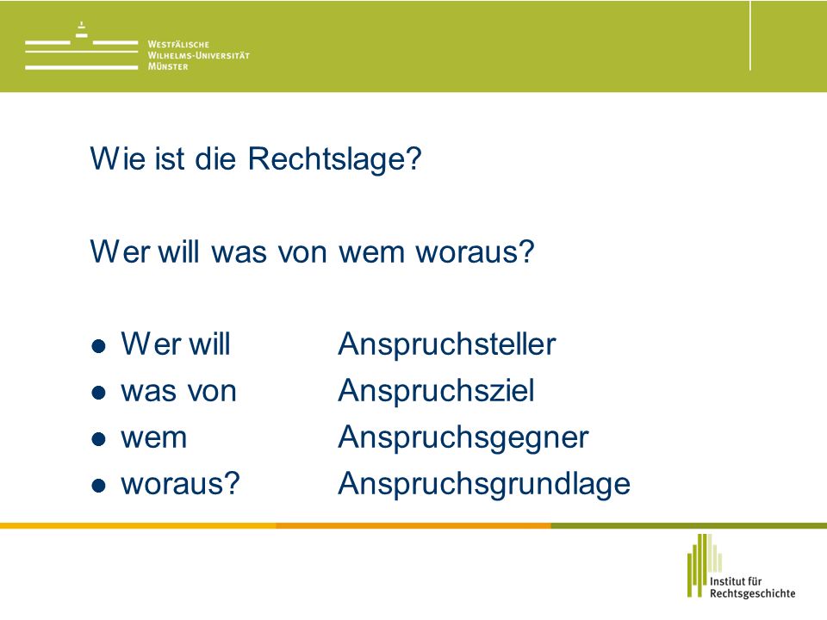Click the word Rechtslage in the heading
pos(334,158)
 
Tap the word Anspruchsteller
pos(447,344)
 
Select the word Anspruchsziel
pos(436,391)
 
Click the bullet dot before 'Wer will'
pos(98,346)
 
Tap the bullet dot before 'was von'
pos(98,393)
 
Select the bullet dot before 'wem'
pos(98,438)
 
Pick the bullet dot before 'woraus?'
pos(98,485)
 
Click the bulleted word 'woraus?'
pos(180,483)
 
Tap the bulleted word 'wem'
pos(154,438)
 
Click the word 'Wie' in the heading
pos(118,158)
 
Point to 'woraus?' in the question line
pos(475,252)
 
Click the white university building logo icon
pos(81,46)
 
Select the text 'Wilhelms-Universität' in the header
pos(198,55)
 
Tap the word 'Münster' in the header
pos(168,66)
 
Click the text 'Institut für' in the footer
pos(736,581)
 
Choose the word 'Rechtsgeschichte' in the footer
pos(753,593)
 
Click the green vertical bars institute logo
pos(704,565)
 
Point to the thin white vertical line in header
pos(750,35)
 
